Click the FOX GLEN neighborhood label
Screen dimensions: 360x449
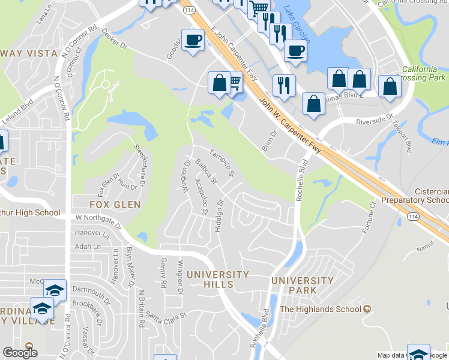(119, 205)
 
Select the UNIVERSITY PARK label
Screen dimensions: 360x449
(302, 285)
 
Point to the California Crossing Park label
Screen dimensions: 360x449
(424, 73)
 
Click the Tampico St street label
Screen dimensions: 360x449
(221, 163)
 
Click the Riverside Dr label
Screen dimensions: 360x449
(373, 118)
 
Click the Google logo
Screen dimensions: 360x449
(20, 353)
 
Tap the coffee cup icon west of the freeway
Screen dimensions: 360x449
(192, 40)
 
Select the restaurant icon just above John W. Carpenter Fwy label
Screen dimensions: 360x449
(283, 84)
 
